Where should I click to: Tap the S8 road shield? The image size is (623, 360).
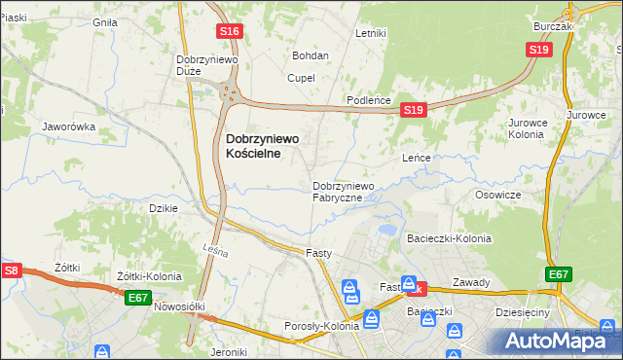pyautogui.click(x=11, y=270)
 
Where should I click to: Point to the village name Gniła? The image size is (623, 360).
pyautogui.click(x=104, y=21)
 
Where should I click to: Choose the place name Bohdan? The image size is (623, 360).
pyautogui.click(x=311, y=55)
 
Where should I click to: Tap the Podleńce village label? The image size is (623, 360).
pyautogui.click(x=370, y=101)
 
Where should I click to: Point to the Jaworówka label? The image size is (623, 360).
pyautogui.click(x=68, y=126)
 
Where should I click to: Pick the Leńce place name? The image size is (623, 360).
pyautogui.click(x=417, y=157)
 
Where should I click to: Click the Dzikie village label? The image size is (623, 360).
pyautogui.click(x=162, y=208)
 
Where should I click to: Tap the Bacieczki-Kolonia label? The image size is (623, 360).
pyautogui.click(x=449, y=238)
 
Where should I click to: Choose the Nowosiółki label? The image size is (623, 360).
pyautogui.click(x=181, y=306)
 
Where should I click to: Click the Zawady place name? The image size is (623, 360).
pyautogui.click(x=471, y=283)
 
